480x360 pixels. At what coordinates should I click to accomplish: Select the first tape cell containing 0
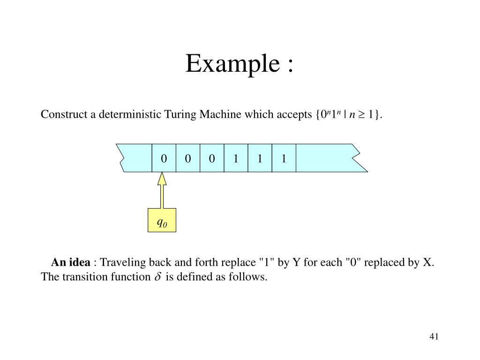(164, 158)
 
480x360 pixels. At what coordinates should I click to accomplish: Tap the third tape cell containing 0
(212, 158)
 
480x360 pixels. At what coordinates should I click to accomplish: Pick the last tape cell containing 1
(284, 158)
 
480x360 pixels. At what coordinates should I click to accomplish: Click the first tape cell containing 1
(236, 158)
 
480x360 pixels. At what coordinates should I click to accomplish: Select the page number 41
(434, 337)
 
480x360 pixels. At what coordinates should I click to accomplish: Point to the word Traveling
(121, 262)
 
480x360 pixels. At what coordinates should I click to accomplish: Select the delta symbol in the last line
(157, 277)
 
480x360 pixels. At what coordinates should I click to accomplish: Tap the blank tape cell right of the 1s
(323, 158)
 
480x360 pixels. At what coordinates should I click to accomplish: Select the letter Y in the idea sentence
(296, 262)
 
